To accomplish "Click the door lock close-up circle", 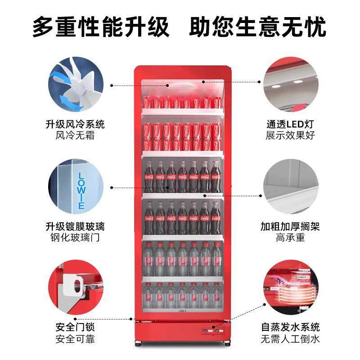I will [75, 290].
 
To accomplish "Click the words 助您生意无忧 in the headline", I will [257, 27].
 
